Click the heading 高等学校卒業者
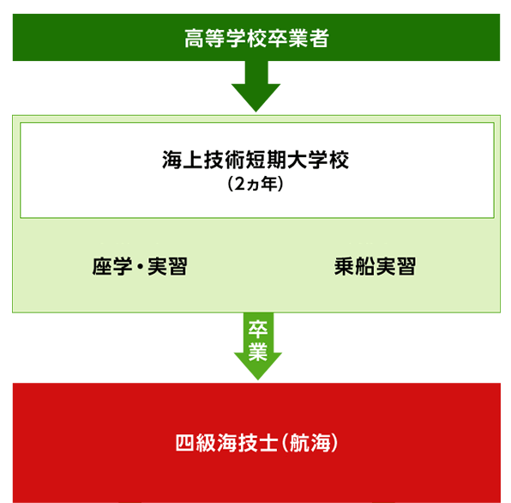(256, 38)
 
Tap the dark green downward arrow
(255, 86)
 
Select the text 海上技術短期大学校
(255, 160)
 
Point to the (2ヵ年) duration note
(255, 184)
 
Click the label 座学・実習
(140, 266)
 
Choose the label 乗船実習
(375, 266)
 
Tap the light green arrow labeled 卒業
(258, 346)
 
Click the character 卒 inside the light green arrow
(258, 329)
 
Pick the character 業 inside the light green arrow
(258, 351)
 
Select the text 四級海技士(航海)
(257, 443)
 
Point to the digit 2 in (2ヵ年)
(239, 184)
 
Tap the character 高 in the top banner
(195, 39)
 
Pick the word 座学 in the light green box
(112, 266)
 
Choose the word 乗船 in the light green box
(354, 266)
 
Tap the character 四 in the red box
(185, 443)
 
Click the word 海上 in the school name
(183, 160)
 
